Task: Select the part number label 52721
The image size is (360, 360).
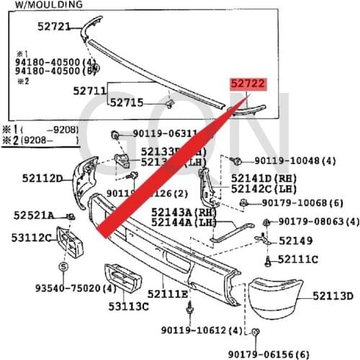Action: tap(54, 27)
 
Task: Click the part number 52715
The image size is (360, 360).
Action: tap(127, 103)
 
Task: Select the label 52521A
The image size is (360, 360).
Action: tap(33, 215)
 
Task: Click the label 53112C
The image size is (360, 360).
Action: tap(31, 238)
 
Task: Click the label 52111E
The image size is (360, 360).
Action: tap(168, 294)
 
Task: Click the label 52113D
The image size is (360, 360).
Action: tap(333, 295)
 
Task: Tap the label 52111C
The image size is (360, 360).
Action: tap(298, 258)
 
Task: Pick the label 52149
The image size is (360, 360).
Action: tap(295, 241)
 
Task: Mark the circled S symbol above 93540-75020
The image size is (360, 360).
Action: tap(63, 267)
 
